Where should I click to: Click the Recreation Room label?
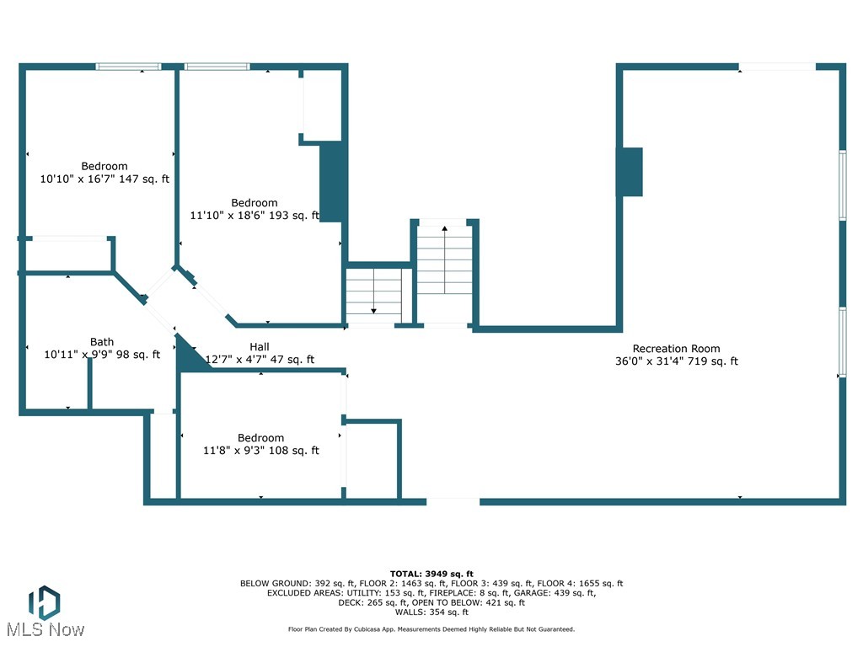pos(676,349)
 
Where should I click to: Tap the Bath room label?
pos(102,342)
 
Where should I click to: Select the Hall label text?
pos(260,347)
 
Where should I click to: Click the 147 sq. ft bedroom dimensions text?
pos(105,179)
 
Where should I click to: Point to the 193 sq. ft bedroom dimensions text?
pos(255,216)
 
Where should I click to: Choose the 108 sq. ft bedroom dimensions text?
pos(260,451)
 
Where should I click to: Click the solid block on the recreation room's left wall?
pos(631,173)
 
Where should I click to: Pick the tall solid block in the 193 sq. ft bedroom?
pos(332,182)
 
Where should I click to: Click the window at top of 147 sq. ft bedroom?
pos(128,67)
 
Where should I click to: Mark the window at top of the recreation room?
pos(777,67)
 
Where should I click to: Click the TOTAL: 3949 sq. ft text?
pos(431,574)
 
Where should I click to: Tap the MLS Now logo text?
pos(44,629)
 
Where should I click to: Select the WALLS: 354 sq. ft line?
pos(431,612)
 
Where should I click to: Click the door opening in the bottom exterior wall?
pos(453,502)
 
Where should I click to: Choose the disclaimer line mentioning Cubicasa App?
pos(431,629)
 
